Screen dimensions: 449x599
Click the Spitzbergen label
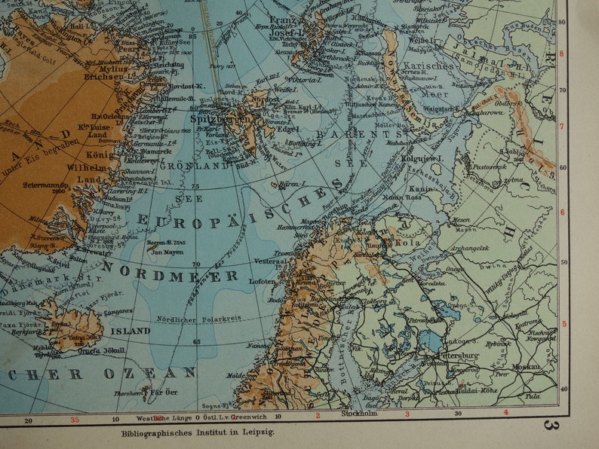point(215,120)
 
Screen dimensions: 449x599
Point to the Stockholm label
point(358,414)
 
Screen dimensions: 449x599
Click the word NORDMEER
point(170,272)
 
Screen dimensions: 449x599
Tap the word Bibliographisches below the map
point(157,432)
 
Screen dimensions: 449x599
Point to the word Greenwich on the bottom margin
point(243,417)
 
